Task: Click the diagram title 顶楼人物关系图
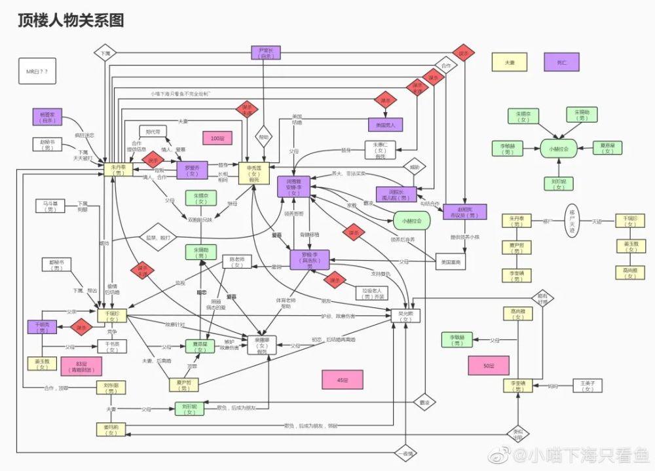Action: pos(71,21)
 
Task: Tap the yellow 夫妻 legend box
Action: pos(509,62)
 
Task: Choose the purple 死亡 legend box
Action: pos(562,62)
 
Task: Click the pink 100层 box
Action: pos(217,138)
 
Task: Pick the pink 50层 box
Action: pos(488,366)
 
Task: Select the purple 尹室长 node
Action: pos(265,53)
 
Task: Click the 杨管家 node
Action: pos(47,117)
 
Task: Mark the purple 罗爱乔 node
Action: pos(193,170)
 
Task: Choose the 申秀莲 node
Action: pos(254,173)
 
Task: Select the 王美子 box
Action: pos(588,386)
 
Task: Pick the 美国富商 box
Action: pos(451,262)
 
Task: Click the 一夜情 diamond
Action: pos(405,453)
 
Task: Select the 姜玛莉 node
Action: pos(111,430)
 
